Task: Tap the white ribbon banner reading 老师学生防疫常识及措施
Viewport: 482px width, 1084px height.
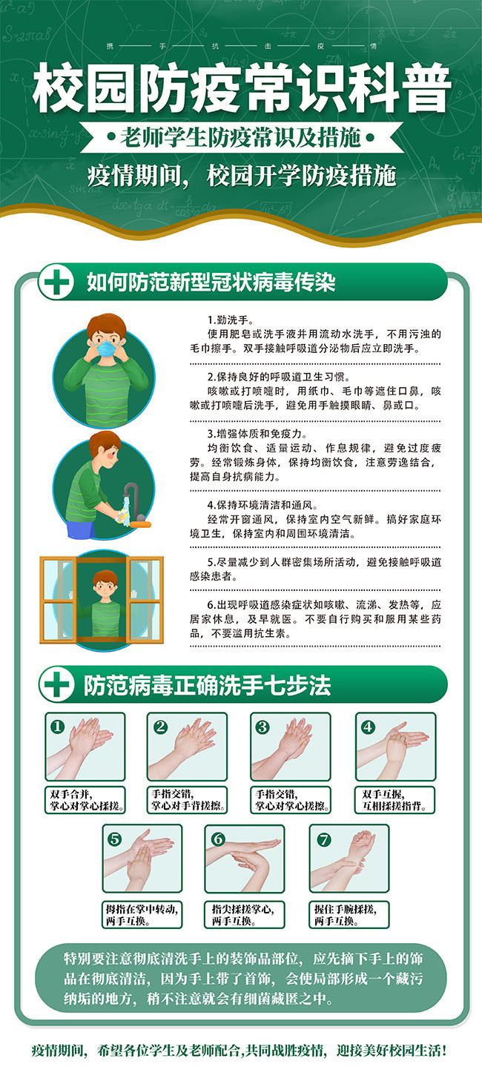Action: click(242, 138)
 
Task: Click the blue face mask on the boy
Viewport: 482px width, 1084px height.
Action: click(108, 349)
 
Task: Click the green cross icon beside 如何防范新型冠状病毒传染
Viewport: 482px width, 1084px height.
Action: click(56, 282)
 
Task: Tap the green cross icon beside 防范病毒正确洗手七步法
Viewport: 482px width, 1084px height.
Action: click(56, 684)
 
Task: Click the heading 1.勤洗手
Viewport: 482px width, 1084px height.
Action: click(231, 320)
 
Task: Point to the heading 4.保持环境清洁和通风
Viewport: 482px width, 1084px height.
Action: click(263, 505)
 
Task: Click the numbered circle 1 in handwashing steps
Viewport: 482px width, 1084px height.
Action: click(58, 727)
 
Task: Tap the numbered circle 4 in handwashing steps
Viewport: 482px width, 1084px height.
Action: click(368, 727)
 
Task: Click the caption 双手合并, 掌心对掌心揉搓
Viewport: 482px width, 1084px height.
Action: click(85, 799)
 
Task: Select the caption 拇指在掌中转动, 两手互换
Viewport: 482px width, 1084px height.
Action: click(142, 915)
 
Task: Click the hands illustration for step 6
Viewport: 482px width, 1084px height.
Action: click(245, 859)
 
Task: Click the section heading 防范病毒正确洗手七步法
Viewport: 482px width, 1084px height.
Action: click(208, 685)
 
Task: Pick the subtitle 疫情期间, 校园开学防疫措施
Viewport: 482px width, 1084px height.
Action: click(242, 176)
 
